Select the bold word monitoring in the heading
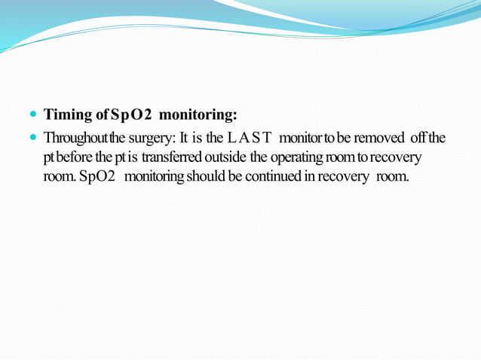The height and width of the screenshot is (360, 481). (x=199, y=116)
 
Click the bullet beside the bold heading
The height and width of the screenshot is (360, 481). (x=33, y=116)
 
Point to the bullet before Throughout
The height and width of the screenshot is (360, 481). (x=33, y=139)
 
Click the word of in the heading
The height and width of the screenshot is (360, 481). (x=100, y=116)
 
